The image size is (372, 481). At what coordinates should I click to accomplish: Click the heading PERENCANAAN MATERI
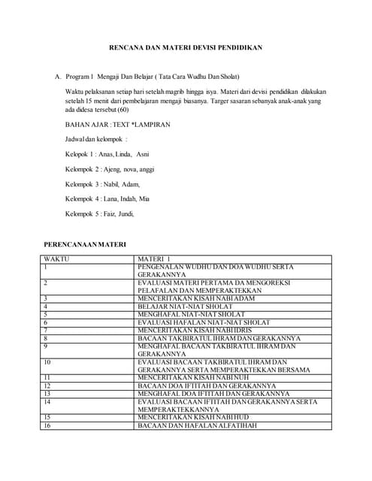coord(85,245)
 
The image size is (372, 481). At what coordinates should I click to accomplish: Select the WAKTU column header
coord(55,259)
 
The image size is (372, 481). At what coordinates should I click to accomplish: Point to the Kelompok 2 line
coord(109,169)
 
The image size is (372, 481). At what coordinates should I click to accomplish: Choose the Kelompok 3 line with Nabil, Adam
coord(102,184)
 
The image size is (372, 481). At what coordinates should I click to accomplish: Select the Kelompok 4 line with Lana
coord(107,199)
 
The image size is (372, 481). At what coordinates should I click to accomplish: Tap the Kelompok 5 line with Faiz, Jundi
coord(99,214)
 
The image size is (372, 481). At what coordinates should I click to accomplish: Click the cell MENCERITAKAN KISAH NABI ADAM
coord(196,298)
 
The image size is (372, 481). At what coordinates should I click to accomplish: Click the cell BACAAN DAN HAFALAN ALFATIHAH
coord(197,425)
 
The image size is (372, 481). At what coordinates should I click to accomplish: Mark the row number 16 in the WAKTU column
coord(47,425)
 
